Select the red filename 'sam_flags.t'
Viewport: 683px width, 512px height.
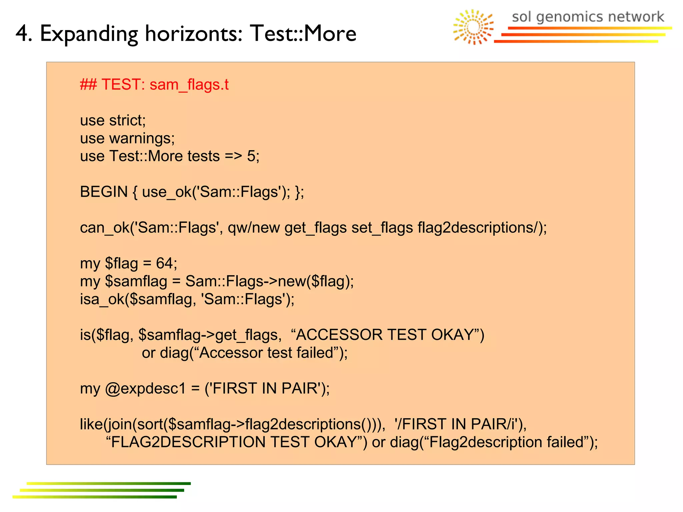pos(189,85)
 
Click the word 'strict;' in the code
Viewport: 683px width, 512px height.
pos(128,120)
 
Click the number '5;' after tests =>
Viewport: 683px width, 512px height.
pos(253,156)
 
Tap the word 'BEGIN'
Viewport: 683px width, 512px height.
pos(104,192)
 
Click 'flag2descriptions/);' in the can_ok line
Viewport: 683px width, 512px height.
pos(482,228)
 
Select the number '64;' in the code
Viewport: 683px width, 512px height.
pos(166,264)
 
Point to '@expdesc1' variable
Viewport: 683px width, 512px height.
pos(145,389)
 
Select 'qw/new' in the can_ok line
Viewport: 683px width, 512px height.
pos(254,228)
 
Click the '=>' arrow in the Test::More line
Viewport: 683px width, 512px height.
pos(233,156)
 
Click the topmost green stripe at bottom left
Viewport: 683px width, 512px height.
pos(108,483)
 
